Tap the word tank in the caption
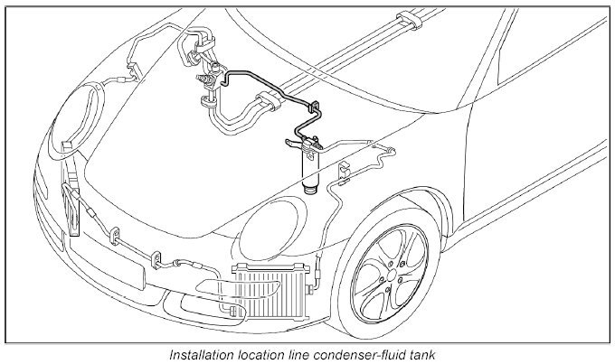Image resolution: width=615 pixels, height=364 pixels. pos(422,354)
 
